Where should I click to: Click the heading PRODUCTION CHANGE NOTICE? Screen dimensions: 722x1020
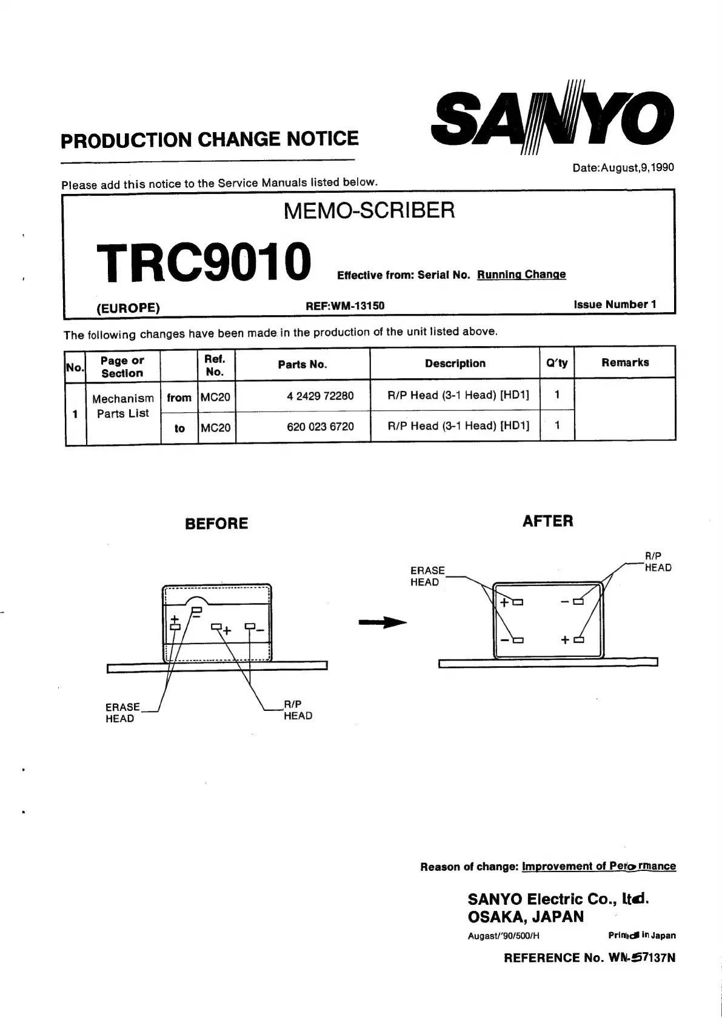pyautogui.click(x=210, y=140)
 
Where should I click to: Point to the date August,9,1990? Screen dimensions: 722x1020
pyautogui.click(x=623, y=168)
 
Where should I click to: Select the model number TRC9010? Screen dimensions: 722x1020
pyautogui.click(x=204, y=262)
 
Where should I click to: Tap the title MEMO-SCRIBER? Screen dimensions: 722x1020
pyautogui.click(x=369, y=211)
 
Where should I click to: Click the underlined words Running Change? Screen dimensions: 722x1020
pyautogui.click(x=521, y=275)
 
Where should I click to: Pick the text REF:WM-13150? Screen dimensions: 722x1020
pyautogui.click(x=345, y=305)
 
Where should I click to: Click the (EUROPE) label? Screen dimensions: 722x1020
pyautogui.click(x=129, y=308)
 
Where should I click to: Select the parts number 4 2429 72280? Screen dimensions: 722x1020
pyautogui.click(x=320, y=396)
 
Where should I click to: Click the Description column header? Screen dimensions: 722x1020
pyautogui.click(x=455, y=364)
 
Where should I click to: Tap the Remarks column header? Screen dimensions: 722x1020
pyautogui.click(x=625, y=363)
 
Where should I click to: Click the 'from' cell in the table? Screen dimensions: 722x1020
pyautogui.click(x=179, y=398)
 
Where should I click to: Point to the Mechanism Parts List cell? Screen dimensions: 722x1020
pyautogui.click(x=123, y=406)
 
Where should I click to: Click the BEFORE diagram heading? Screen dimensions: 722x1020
pyautogui.click(x=216, y=524)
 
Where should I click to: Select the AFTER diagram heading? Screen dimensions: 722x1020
pyautogui.click(x=547, y=521)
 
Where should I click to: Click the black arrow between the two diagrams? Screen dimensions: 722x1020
pyautogui.click(x=383, y=622)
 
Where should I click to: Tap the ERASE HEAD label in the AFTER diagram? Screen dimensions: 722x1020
pyautogui.click(x=427, y=576)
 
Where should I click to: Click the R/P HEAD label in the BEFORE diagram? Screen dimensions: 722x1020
pyautogui.click(x=298, y=710)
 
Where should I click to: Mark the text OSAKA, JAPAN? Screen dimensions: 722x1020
pyautogui.click(x=526, y=916)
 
